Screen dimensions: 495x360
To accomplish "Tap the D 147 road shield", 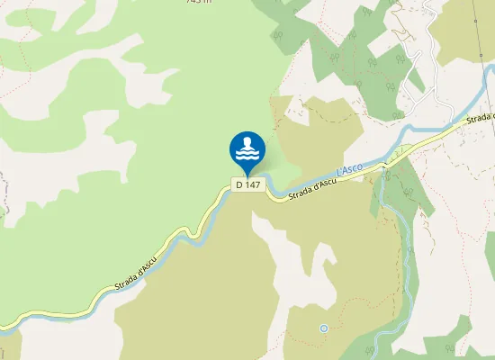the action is (x=247, y=184).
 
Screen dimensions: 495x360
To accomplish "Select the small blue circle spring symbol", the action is (x=324, y=328).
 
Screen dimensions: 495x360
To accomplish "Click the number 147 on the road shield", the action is (x=253, y=184).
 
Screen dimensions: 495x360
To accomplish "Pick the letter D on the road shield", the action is (x=238, y=184).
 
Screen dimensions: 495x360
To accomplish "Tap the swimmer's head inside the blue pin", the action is (x=247, y=142).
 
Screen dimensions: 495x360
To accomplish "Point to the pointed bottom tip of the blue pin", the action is (x=247, y=175).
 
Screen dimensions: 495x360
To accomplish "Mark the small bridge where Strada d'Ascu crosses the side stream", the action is (x=384, y=166).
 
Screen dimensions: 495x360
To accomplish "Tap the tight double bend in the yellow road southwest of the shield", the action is (x=186, y=233).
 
